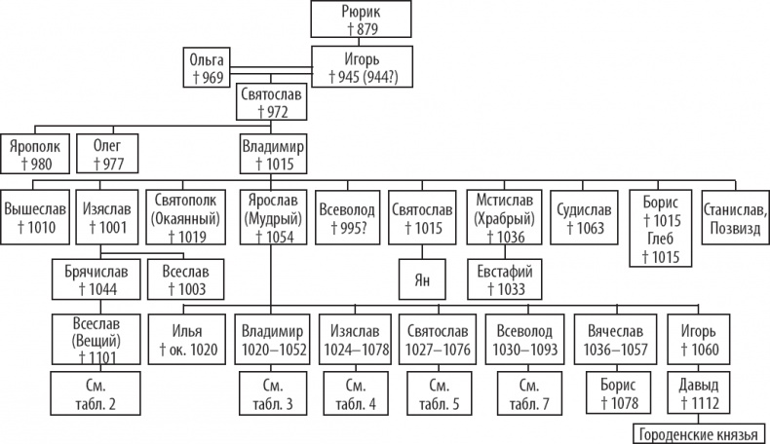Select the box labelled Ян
click(x=423, y=280)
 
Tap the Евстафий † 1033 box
click(x=503, y=279)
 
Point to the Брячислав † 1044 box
click(x=93, y=279)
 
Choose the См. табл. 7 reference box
click(x=530, y=392)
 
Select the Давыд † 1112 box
click(x=700, y=392)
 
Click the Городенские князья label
click(x=699, y=433)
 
